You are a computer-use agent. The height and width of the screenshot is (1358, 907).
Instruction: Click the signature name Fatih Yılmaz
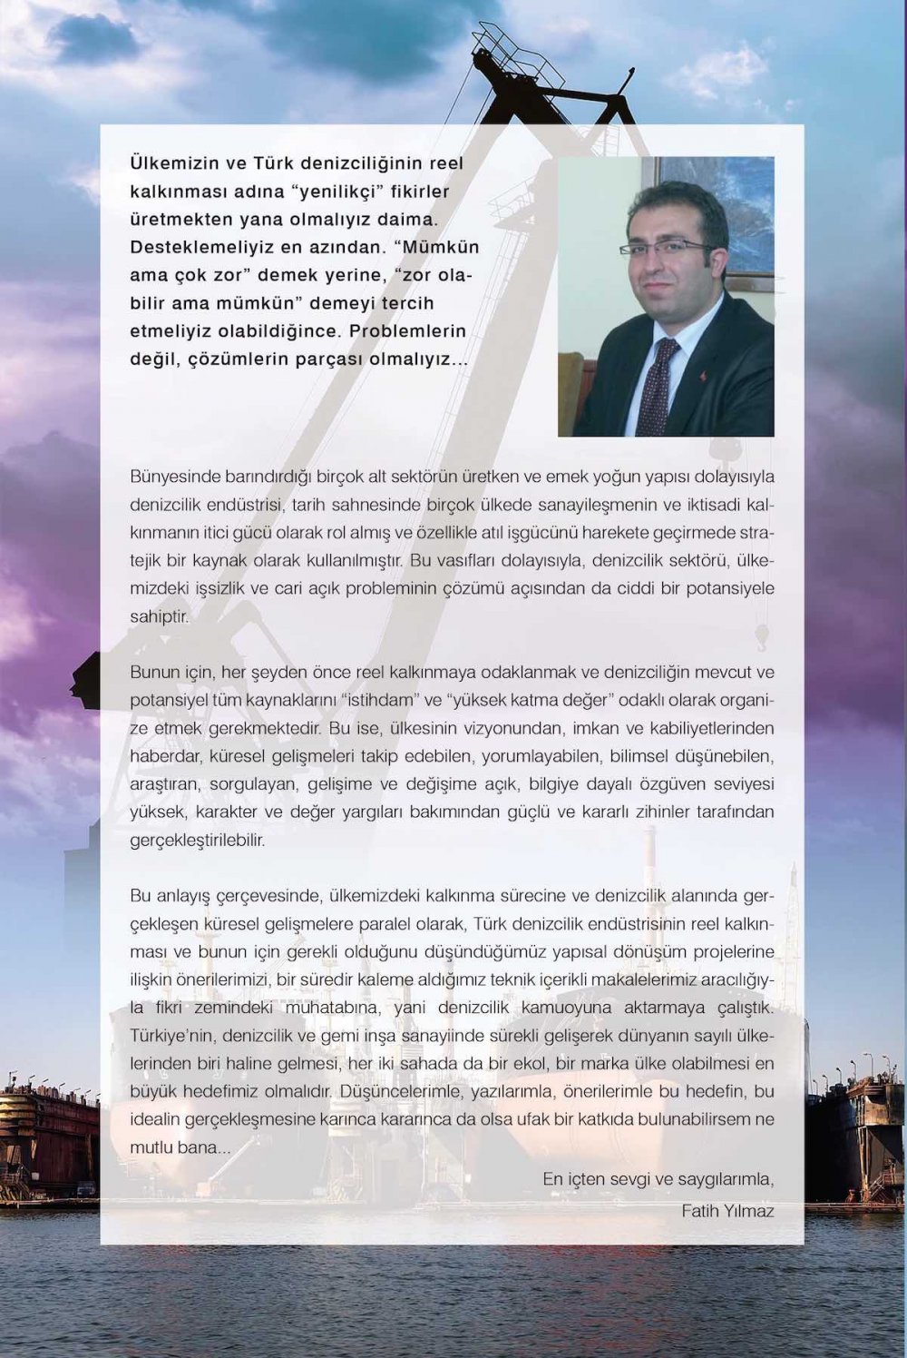click(727, 1211)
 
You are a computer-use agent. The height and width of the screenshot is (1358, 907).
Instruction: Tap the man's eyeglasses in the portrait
click(666, 246)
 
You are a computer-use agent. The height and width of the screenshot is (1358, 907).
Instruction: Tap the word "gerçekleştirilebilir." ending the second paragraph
click(198, 841)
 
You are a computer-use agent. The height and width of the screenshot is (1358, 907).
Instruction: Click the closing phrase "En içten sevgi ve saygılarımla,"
click(658, 1180)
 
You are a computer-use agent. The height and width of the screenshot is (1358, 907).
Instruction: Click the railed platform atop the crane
click(501, 40)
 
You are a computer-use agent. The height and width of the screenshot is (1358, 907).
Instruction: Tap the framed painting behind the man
click(717, 208)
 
